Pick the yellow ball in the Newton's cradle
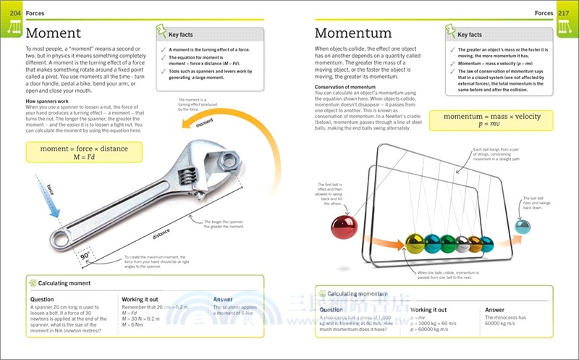[x=415, y=242]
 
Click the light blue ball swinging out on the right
[x=522, y=227]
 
